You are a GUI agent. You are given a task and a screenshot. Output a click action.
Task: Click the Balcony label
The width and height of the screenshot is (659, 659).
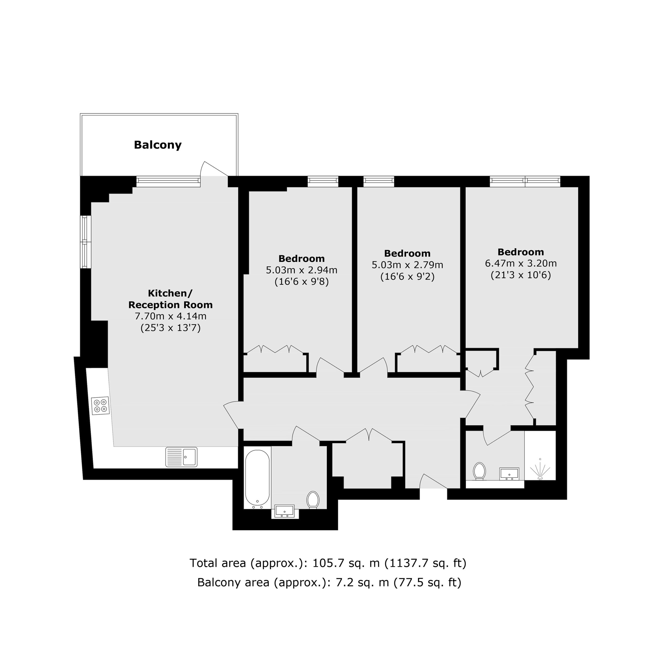coord(158,145)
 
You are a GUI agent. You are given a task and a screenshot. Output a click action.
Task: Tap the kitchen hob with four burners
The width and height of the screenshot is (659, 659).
coord(101,405)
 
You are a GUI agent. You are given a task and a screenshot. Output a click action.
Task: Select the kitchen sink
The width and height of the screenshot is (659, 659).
coord(181,457)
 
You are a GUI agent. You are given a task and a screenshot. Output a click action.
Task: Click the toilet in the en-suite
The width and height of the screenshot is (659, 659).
coord(479,471)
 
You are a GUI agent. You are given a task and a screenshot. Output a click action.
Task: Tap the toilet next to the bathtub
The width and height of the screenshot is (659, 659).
coord(313,500)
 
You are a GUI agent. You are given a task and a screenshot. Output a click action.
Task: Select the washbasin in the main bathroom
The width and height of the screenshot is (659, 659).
coord(284,512)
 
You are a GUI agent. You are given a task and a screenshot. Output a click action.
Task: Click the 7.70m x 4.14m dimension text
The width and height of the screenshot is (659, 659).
coord(171,316)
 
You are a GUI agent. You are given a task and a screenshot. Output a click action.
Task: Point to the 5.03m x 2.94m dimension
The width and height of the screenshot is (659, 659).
coord(301,270)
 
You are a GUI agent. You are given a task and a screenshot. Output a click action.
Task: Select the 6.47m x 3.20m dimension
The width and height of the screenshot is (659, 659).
coord(521,263)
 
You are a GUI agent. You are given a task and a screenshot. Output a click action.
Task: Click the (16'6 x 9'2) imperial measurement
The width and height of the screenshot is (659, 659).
coord(407,276)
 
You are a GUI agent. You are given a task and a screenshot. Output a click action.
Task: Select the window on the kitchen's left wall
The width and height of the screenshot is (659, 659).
coord(86,242)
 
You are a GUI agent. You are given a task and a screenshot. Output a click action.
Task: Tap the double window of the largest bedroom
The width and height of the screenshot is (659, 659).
coord(525,181)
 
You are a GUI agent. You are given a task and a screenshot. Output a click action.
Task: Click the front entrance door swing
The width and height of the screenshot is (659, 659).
coord(433,481)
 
